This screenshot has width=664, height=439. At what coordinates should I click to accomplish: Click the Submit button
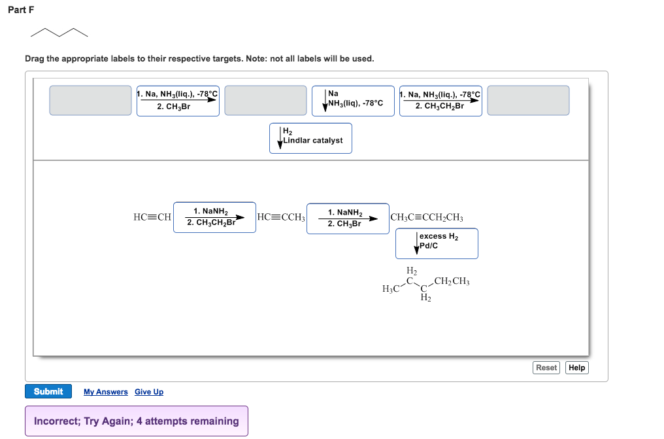pos(48,391)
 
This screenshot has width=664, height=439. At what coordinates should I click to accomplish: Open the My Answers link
pos(106,392)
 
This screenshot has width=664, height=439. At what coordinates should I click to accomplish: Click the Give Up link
pos(149,392)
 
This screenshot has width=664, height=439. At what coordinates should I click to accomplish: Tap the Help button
pos(576,368)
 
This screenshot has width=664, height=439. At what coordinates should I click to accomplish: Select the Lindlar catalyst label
pos(310,138)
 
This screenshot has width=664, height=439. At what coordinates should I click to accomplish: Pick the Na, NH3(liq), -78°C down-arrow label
pos(353,101)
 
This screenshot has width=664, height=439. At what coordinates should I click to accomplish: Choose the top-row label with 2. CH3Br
pos(178,101)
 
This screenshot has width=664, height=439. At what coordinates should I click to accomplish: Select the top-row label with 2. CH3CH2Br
pos(440,101)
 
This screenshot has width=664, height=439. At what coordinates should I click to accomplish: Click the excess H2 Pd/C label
pos(437,243)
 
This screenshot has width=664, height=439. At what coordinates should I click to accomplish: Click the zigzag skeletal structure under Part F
pos(59,33)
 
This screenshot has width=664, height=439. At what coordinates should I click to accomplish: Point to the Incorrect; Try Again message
pos(137,421)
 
